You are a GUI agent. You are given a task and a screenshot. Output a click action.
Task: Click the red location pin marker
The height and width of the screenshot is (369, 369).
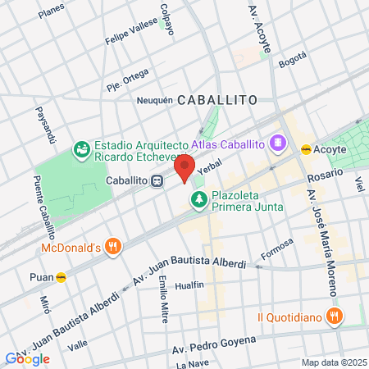tap(185, 171)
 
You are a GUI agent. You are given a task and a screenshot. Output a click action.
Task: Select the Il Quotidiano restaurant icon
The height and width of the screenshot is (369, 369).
tap(334, 316)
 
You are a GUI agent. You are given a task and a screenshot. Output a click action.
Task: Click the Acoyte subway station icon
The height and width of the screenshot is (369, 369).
tap(305, 149)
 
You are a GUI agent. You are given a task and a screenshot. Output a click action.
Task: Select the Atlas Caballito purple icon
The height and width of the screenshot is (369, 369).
tap(279, 143)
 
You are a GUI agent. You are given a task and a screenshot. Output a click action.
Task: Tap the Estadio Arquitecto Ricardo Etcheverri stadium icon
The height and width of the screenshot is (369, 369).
tap(81, 149)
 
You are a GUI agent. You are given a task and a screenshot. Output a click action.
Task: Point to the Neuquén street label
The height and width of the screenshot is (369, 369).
tap(155, 100)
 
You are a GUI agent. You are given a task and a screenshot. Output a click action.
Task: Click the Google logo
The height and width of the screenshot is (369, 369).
tap(27, 358)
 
